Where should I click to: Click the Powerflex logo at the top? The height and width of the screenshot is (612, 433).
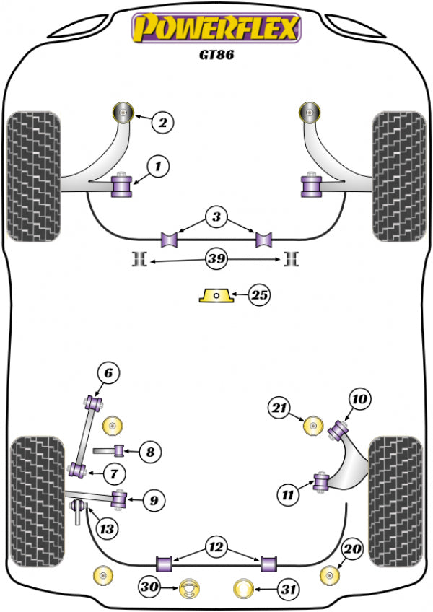214,30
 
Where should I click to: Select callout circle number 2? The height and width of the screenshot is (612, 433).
163,123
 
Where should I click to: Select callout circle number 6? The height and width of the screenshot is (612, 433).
108,373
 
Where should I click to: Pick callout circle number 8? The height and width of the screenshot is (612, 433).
150,453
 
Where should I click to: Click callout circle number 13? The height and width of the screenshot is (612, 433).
105,529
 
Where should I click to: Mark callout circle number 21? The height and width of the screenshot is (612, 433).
279,408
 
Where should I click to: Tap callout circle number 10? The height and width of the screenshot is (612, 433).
359,398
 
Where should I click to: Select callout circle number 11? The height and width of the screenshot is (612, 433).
288,494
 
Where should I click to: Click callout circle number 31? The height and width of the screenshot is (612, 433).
289,589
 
